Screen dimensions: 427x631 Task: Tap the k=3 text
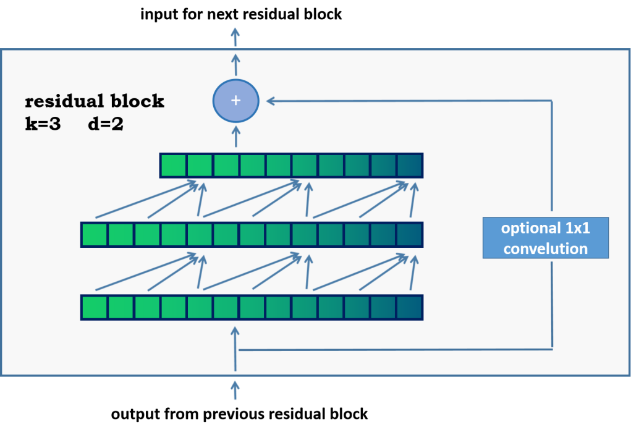[43, 124]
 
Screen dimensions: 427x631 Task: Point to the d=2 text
[106, 124]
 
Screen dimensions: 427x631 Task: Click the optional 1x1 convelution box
[545, 238]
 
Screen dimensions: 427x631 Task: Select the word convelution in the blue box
[545, 249]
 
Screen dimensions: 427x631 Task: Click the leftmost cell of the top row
[174, 166]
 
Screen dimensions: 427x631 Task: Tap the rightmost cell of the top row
[409, 166]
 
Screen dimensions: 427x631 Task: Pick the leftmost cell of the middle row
[95, 235]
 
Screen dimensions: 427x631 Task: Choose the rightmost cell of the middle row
[409, 235]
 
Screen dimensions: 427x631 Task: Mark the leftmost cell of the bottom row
[95, 307]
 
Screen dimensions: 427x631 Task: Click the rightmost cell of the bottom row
[409, 307]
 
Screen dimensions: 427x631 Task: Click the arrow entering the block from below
[235, 390]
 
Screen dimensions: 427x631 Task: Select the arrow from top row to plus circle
[235, 137]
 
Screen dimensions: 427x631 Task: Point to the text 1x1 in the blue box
[577, 228]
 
